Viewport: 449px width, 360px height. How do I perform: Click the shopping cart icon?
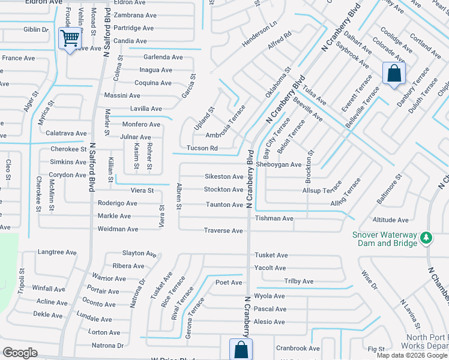click(x=70, y=39)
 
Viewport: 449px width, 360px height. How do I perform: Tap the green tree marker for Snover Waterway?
click(x=426, y=238)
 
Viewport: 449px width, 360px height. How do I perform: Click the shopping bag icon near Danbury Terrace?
click(x=394, y=74)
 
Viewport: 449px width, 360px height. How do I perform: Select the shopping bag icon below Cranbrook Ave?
click(x=240, y=350)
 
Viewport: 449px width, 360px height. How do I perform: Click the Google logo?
click(x=20, y=353)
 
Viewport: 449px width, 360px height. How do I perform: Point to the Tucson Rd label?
click(x=202, y=148)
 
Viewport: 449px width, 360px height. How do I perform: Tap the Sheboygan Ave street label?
click(x=279, y=164)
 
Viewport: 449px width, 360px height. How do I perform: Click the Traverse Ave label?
click(x=223, y=231)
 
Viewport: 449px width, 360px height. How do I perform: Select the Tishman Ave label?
click(x=274, y=218)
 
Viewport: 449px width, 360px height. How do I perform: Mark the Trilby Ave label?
click(x=299, y=281)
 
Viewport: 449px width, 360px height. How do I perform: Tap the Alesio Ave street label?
click(x=270, y=322)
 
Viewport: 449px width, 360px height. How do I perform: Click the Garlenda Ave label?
click(x=163, y=57)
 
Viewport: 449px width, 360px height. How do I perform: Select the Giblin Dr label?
click(x=35, y=29)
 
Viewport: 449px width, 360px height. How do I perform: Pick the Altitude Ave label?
click(x=390, y=220)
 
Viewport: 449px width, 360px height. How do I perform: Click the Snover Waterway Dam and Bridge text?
click(x=384, y=239)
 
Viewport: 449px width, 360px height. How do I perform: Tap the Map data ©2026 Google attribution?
click(x=412, y=355)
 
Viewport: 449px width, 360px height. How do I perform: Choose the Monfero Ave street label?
click(x=141, y=124)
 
